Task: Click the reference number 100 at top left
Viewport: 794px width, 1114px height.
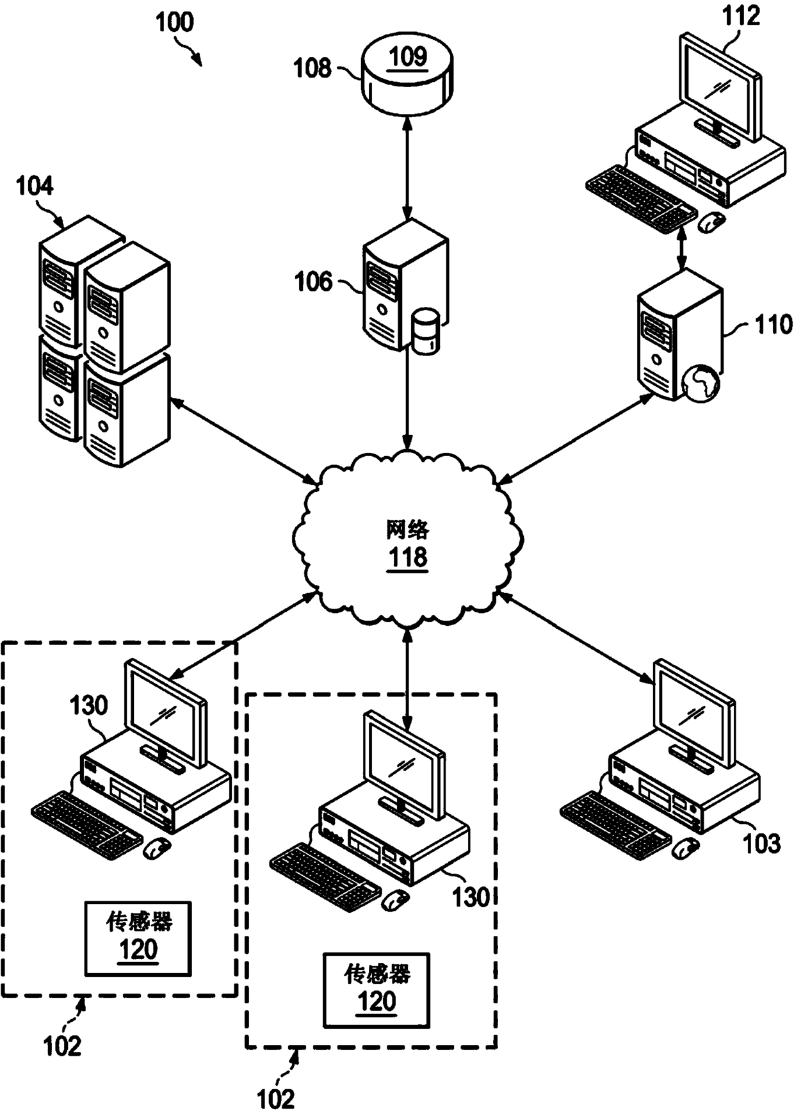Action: click(175, 22)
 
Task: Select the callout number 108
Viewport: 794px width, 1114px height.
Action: click(312, 67)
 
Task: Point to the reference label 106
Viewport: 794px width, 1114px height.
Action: click(313, 281)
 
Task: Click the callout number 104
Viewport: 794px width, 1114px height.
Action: click(35, 186)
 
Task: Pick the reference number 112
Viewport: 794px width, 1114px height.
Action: click(741, 16)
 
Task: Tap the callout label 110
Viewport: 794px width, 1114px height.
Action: click(774, 325)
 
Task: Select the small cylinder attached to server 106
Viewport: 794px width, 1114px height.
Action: click(426, 331)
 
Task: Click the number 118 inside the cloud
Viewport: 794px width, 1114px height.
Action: click(408, 557)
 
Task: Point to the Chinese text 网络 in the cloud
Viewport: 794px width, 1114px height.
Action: click(408, 529)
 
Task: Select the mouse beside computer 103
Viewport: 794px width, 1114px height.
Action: click(685, 848)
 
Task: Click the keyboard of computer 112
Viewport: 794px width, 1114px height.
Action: click(640, 197)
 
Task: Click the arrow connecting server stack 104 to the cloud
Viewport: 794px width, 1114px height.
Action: click(243, 440)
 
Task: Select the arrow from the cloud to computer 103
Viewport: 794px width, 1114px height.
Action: click(575, 637)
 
